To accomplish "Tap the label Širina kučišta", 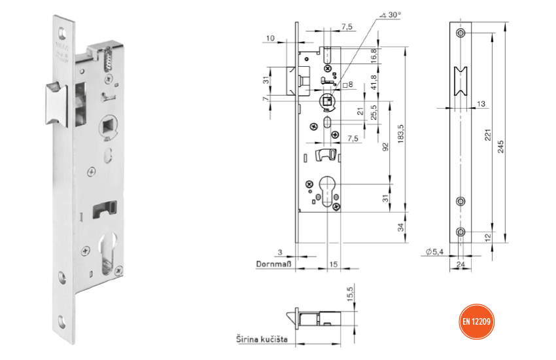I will pos(262,339).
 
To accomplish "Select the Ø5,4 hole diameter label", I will pos(435,252).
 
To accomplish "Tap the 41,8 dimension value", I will pos(373,83).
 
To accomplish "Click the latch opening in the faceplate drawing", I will pos(461,86).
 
